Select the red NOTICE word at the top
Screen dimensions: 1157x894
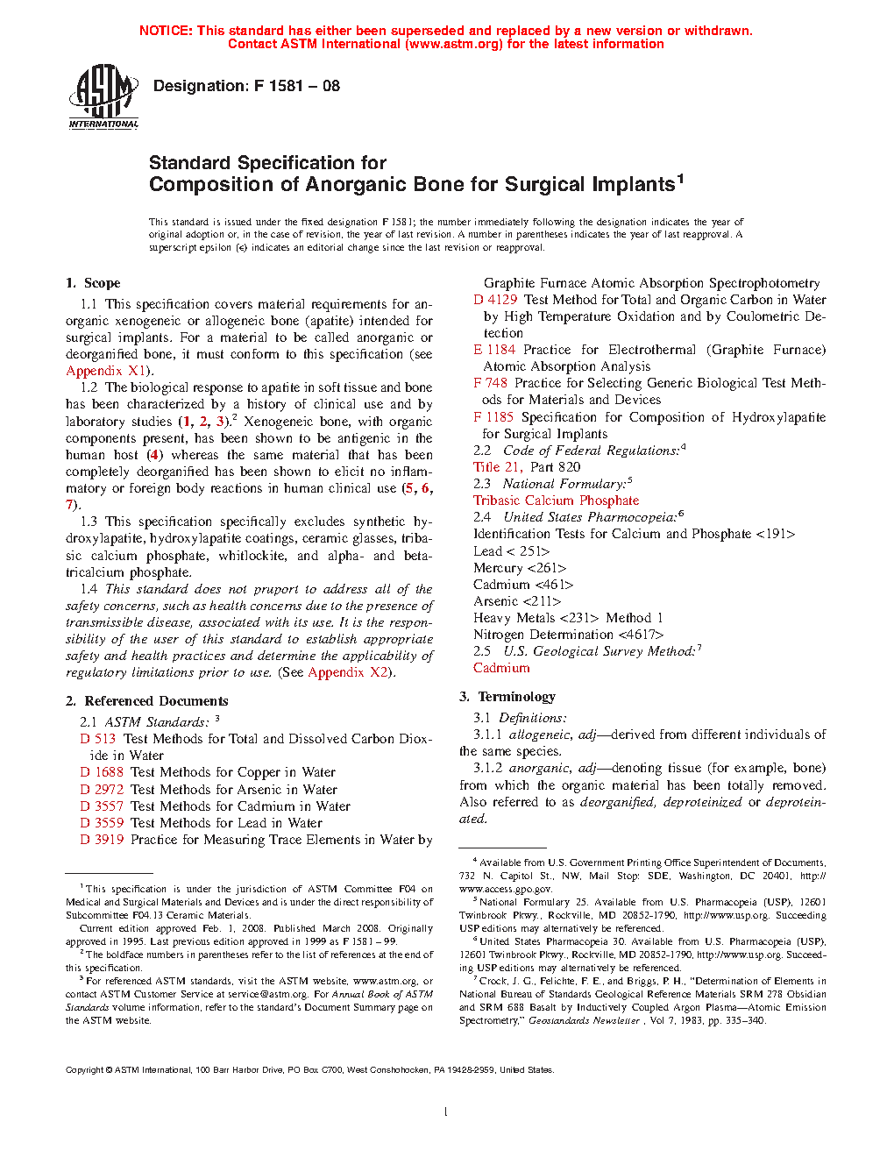pyautogui.click(x=166, y=31)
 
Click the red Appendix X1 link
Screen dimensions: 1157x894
pyautogui.click(x=105, y=371)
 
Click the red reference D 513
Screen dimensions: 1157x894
pyautogui.click(x=98, y=739)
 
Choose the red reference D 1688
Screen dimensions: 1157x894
pyautogui.click(x=102, y=772)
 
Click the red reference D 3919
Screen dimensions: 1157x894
pyautogui.click(x=102, y=840)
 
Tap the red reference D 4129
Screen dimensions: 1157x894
pyautogui.click(x=495, y=300)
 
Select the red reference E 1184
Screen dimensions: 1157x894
pyautogui.click(x=494, y=350)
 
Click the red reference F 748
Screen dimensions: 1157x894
pyautogui.click(x=490, y=383)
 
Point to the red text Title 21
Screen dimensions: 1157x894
pyautogui.click(x=497, y=467)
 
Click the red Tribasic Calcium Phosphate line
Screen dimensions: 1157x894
pyautogui.click(x=556, y=500)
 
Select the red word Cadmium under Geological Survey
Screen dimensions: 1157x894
pyautogui.click(x=501, y=668)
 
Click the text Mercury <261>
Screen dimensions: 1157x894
pyautogui.click(x=520, y=568)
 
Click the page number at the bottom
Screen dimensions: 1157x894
pyautogui.click(x=446, y=1112)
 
